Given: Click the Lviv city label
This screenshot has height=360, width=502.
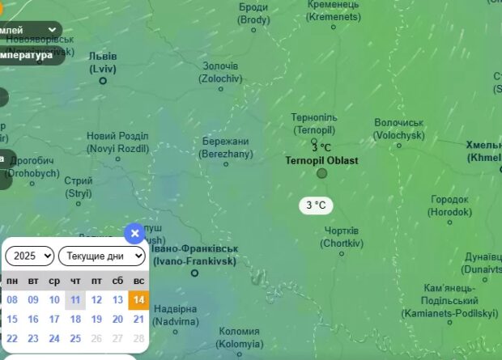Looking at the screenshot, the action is pyautogui.click(x=103, y=62).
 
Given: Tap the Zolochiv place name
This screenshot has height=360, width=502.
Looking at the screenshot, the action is pyautogui.click(x=221, y=72).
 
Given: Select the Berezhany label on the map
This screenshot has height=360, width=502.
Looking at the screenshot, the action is pyautogui.click(x=227, y=147).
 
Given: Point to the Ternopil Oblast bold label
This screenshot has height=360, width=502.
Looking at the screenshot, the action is pyautogui.click(x=321, y=160).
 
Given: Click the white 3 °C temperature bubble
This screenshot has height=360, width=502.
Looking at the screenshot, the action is pyautogui.click(x=316, y=205).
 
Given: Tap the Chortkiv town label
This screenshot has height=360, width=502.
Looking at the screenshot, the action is pyautogui.click(x=339, y=237).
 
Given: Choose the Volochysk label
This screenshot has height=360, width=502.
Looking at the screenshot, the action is pyautogui.click(x=399, y=129).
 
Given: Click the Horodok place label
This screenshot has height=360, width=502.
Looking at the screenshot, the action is pyautogui.click(x=449, y=205).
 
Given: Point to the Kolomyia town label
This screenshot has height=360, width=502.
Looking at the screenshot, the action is pyautogui.click(x=240, y=337).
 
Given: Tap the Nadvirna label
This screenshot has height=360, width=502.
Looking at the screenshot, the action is pyautogui.click(x=175, y=315).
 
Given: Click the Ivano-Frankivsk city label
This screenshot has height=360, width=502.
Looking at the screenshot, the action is pyautogui.click(x=194, y=255).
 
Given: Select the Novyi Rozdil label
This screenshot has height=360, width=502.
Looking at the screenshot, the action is pyautogui.click(x=118, y=142).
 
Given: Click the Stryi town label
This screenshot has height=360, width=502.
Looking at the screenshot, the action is pyautogui.click(x=79, y=187).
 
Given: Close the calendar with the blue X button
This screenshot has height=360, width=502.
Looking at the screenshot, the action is pyautogui.click(x=135, y=234).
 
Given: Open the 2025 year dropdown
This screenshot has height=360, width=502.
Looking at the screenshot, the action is pyautogui.click(x=29, y=256).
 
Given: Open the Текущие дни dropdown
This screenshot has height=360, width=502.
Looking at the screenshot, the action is pyautogui.click(x=101, y=256).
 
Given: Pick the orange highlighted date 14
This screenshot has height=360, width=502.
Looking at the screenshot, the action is pyautogui.click(x=138, y=299).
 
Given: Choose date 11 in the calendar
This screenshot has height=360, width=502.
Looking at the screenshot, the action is pyautogui.click(x=75, y=299).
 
